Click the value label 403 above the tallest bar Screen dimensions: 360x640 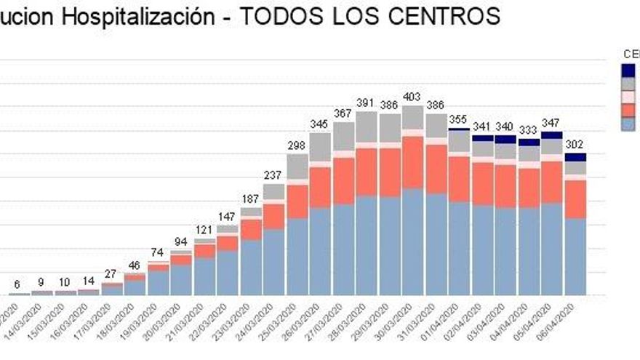coord(412,97)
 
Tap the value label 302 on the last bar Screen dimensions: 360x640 coord(575,144)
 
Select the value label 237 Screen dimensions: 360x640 coord(273,175)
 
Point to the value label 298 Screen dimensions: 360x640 coord(297,145)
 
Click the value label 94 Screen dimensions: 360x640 coord(180,241)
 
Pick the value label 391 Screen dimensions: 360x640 coord(366,103)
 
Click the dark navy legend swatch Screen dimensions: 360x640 coord(629,70)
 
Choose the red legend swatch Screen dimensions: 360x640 coord(629,110)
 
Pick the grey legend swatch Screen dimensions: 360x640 coord(629,84)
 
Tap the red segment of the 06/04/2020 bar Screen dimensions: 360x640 coord(575,199)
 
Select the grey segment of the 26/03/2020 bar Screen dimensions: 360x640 coord(320,147)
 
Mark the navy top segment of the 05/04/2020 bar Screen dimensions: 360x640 coord(552,135)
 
